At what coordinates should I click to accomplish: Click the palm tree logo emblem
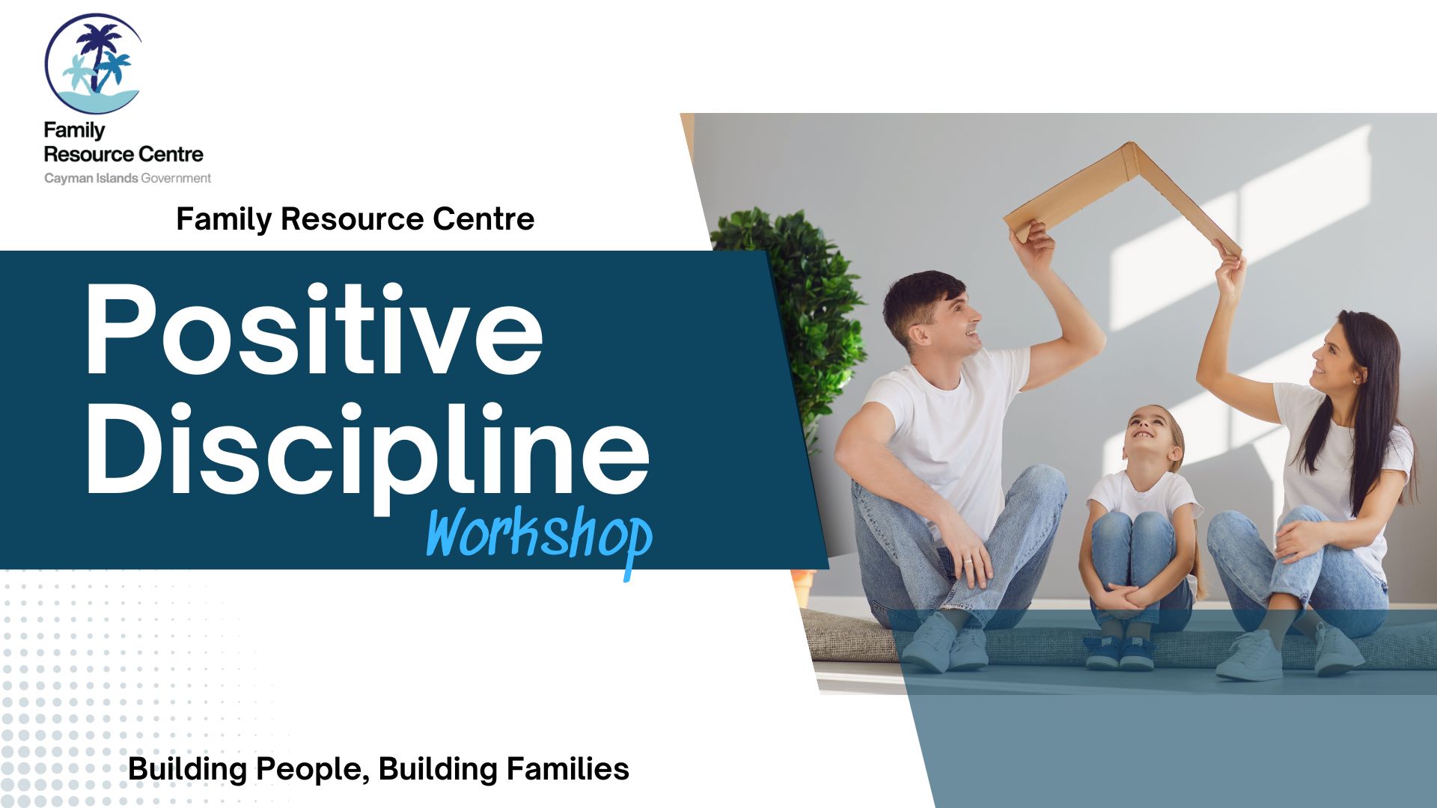point(93,64)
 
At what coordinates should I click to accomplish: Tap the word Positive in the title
point(314,329)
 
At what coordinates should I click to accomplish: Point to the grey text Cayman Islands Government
point(127,178)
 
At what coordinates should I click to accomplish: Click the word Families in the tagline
point(567,769)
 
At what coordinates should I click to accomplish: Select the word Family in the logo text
point(74,131)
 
